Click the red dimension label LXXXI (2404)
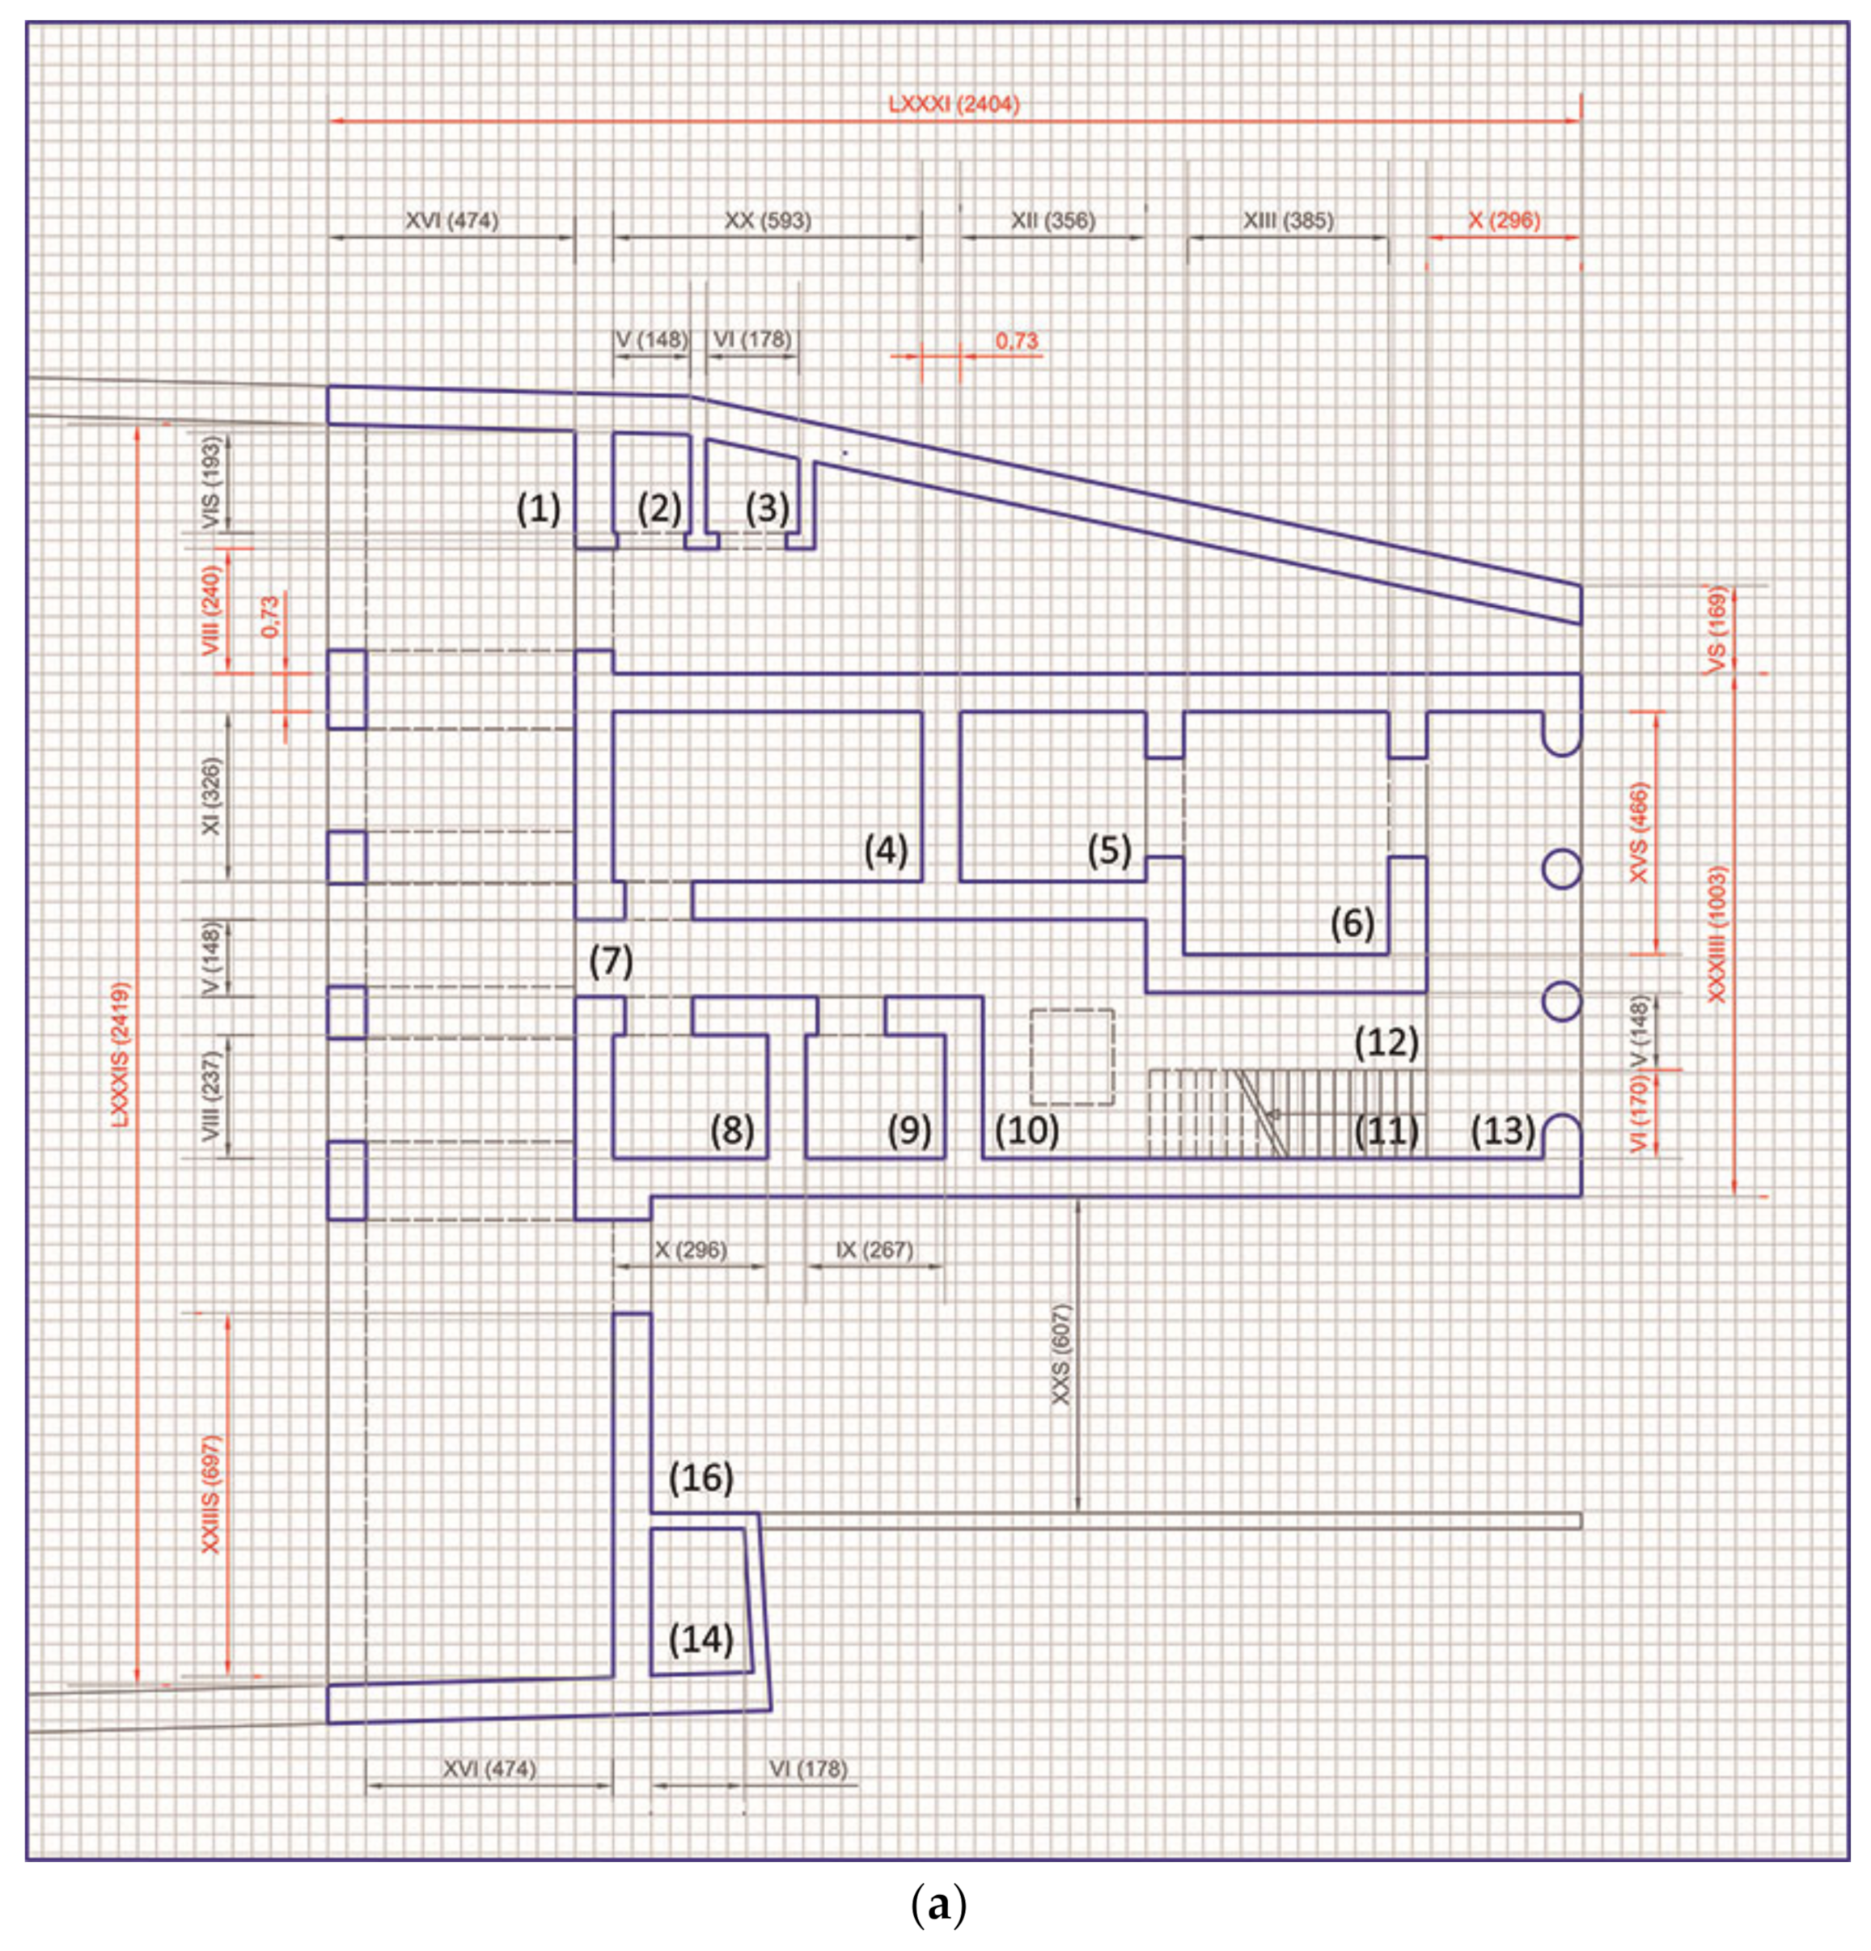(954, 104)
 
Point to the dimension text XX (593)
(768, 220)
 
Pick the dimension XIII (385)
(1287, 220)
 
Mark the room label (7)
(610, 961)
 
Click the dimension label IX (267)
(874, 1249)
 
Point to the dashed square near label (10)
(1071, 1056)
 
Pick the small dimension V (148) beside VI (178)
(651, 339)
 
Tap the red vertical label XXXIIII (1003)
(1716, 933)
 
